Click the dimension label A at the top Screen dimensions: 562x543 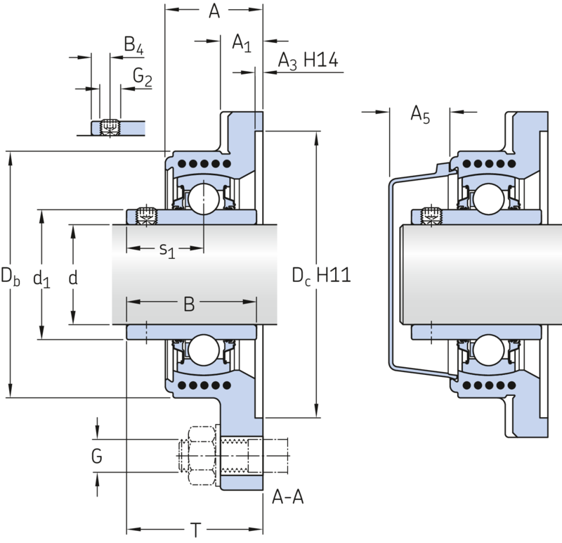214,11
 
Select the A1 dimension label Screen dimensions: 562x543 242,43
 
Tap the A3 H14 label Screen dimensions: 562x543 308,60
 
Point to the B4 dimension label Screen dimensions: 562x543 133,45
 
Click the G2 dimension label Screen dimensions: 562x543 143,77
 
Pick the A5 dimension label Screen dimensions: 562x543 420,115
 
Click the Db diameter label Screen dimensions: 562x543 11,276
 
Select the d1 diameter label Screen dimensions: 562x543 41,279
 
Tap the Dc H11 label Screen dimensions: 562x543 321,276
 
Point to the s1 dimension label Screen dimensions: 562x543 167,250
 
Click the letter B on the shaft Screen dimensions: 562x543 189,304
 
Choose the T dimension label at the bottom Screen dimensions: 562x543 196,530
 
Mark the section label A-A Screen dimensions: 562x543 288,497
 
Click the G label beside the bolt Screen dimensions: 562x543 97,456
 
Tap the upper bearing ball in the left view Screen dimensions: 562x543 204,199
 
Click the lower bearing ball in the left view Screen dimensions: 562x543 204,350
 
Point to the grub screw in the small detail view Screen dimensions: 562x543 110,127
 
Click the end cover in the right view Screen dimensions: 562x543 419,273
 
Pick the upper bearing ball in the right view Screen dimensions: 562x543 488,199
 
